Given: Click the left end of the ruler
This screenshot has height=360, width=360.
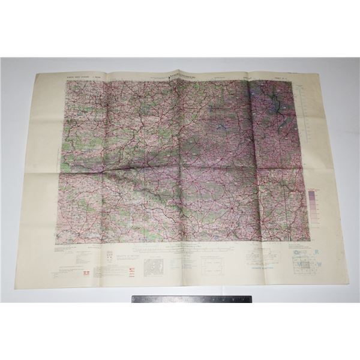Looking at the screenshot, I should pyautogui.click(x=133, y=299).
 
